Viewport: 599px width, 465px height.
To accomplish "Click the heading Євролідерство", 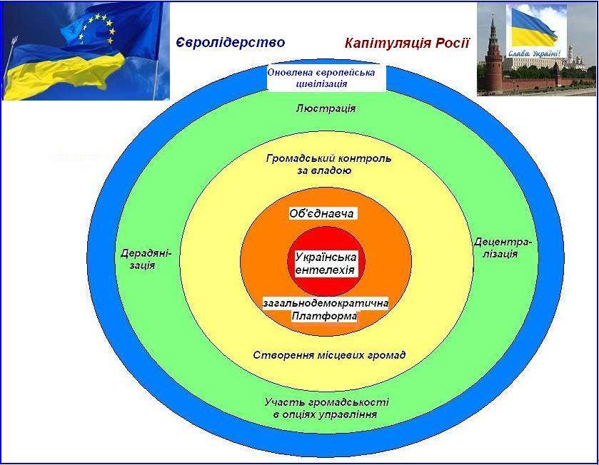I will pyautogui.click(x=230, y=43).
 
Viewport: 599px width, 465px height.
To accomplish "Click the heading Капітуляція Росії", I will pyautogui.click(x=407, y=44).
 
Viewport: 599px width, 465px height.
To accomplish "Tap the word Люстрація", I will pyautogui.click(x=325, y=108).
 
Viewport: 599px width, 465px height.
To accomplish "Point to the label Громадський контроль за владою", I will pyautogui.click(x=328, y=165).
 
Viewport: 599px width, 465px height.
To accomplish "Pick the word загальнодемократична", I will pyautogui.click(x=326, y=303).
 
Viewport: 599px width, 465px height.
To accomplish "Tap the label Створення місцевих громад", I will pyautogui.click(x=329, y=355).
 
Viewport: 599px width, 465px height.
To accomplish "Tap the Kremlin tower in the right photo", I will pyautogui.click(x=493, y=53).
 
